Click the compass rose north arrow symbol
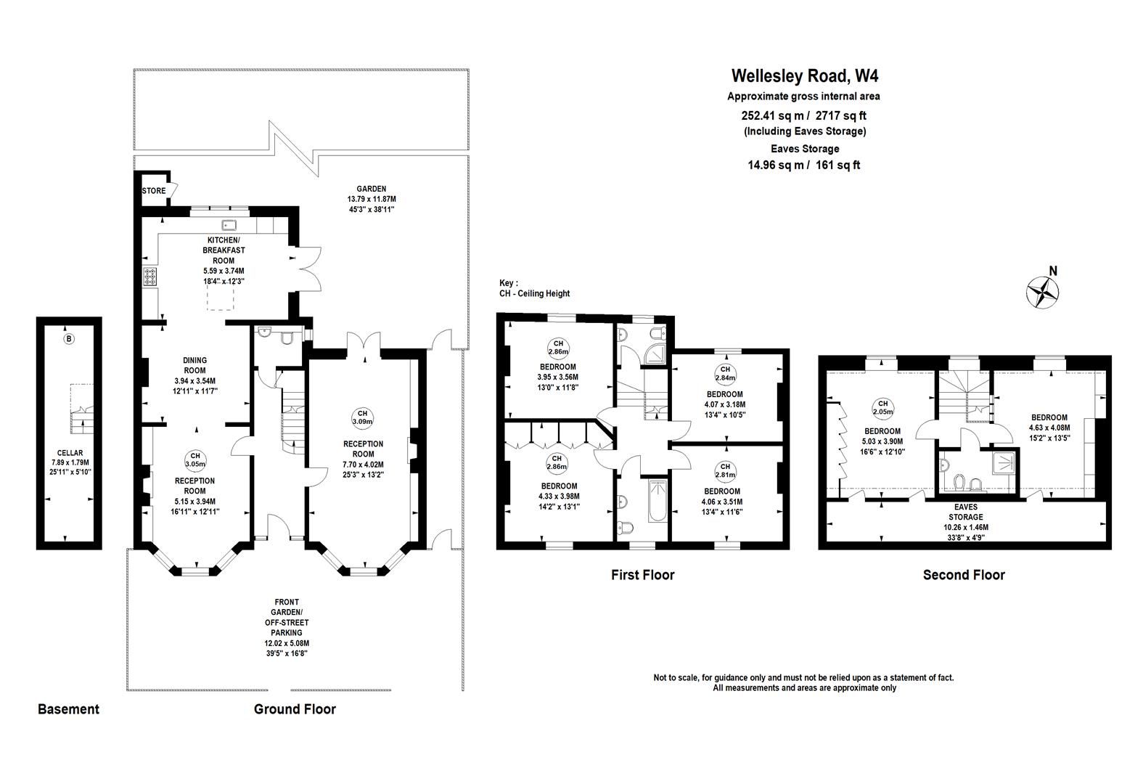tap(1042, 292)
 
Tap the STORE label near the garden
tap(153, 192)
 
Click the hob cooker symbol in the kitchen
tap(150, 277)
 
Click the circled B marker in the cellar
tap(69, 339)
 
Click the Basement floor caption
tap(68, 709)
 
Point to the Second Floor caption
tap(963, 575)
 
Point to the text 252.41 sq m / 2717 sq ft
tap(803, 115)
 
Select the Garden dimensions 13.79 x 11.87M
tap(372, 199)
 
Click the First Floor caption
tap(642, 575)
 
